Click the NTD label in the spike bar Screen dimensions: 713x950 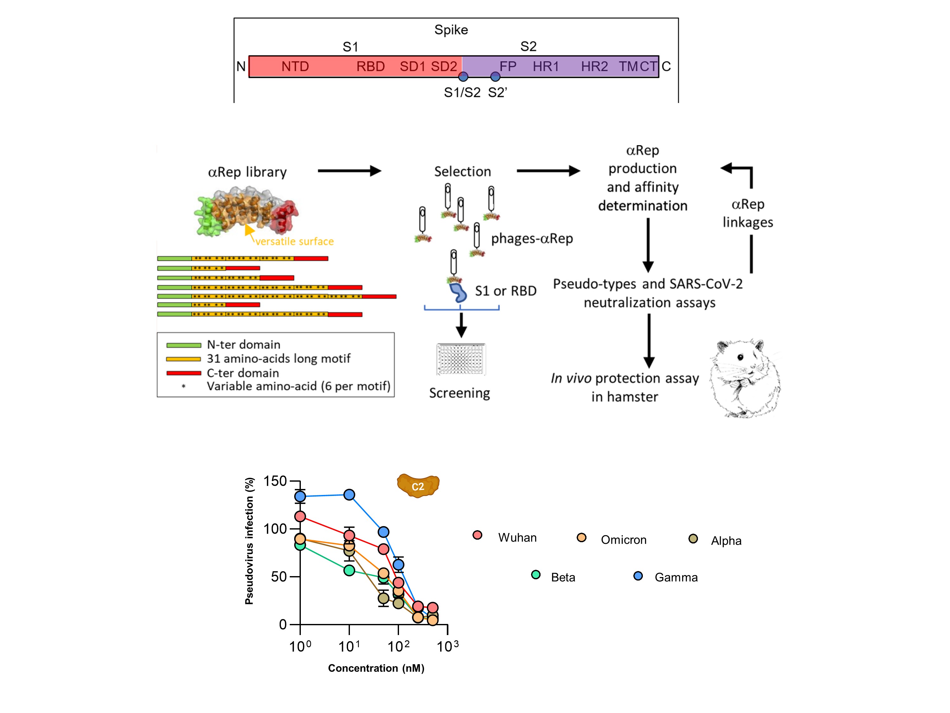point(295,67)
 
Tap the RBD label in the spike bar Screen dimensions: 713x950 point(370,67)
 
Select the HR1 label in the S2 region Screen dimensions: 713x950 point(546,67)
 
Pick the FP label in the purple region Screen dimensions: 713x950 point(508,67)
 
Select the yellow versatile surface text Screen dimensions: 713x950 point(294,241)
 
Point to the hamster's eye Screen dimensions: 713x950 point(740,357)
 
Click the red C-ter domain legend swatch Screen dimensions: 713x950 point(183,373)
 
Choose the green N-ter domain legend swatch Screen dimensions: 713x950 point(183,345)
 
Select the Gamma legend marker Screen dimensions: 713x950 point(638,576)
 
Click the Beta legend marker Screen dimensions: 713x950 point(535,575)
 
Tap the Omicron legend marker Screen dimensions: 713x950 point(581,538)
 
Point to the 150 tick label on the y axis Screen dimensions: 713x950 point(275,481)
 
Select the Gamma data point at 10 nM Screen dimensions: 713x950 point(349,495)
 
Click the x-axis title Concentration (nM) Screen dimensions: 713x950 point(376,668)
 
